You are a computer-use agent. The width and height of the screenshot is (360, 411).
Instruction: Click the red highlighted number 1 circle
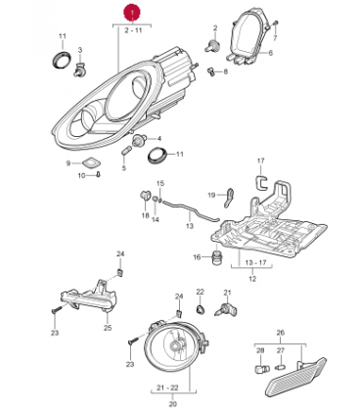point(132,14)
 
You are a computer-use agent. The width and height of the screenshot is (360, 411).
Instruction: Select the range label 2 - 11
point(133,30)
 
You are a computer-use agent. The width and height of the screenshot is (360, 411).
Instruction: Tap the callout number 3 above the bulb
point(80,50)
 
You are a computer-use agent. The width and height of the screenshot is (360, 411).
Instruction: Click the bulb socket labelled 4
point(139,141)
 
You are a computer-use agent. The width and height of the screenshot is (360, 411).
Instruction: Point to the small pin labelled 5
point(126,152)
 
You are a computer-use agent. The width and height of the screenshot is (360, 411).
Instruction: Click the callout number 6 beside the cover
point(270,53)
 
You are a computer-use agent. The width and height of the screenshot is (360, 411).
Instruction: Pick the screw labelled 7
point(276,24)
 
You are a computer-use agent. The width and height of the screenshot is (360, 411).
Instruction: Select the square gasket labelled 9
point(91,161)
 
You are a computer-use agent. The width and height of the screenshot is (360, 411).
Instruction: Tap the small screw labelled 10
point(98,174)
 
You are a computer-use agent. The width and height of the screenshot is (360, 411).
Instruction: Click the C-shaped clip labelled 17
point(260,182)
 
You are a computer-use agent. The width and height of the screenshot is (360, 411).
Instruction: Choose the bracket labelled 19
point(230,197)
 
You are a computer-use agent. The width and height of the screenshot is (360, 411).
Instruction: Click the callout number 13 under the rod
point(190,226)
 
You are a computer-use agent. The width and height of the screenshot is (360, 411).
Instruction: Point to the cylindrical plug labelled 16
point(217,257)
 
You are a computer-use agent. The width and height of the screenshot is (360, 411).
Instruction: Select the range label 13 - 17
point(255,263)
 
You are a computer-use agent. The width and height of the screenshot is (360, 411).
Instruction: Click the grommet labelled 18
point(145,196)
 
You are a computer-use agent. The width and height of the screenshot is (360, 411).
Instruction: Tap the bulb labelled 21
point(227,307)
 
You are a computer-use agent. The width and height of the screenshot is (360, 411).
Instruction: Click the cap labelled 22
point(201,308)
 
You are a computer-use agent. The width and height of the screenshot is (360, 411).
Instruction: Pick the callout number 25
point(108,328)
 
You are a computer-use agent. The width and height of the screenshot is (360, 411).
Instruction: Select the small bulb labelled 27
point(280,368)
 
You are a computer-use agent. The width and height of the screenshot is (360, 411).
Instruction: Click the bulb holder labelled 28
point(261,369)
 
